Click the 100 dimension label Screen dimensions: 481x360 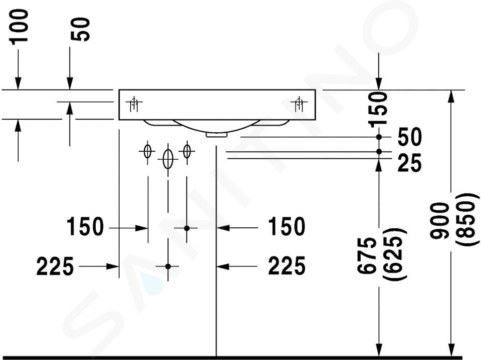click(20, 27)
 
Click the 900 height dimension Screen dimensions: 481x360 click(439, 221)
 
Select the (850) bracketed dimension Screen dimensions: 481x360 click(467, 219)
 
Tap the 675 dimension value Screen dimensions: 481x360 click(367, 255)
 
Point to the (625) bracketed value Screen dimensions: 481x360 click(394, 253)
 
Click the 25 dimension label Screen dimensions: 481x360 click(409, 164)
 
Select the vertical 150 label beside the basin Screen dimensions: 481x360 click(378, 110)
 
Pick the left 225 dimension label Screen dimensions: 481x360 click(55, 266)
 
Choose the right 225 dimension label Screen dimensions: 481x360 click(287, 266)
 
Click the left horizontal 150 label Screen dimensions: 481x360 click(85, 227)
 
